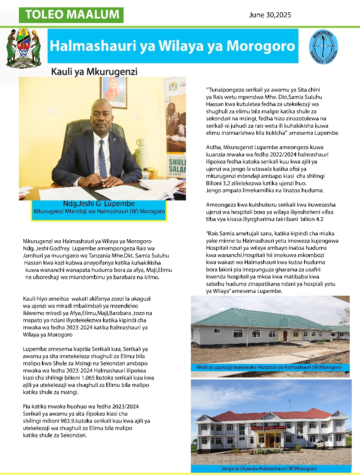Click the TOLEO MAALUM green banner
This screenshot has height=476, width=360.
(71, 15)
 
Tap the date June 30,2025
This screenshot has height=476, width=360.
(270, 15)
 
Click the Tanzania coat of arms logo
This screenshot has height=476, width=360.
(24, 48)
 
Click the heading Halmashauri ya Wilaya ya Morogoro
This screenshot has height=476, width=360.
(172, 46)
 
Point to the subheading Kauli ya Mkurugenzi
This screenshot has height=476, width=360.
(94, 72)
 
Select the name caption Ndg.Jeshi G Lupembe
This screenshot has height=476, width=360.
(99, 204)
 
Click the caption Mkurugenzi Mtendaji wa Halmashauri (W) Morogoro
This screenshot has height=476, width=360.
(99, 212)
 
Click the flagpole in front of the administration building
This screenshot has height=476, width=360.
(263, 434)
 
